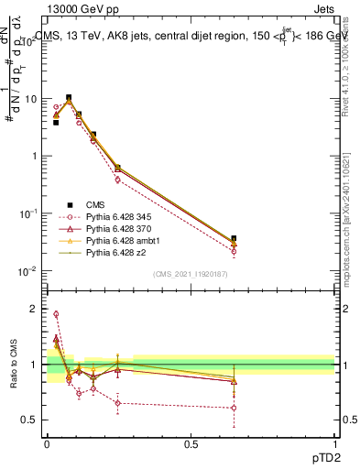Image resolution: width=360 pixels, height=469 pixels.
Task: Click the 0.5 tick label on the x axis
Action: (191, 444)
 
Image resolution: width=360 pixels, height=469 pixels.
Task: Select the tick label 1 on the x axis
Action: (334, 444)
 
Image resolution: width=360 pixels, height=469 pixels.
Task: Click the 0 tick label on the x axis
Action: (47, 444)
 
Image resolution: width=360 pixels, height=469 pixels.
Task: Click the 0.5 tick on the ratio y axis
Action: (32, 420)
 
